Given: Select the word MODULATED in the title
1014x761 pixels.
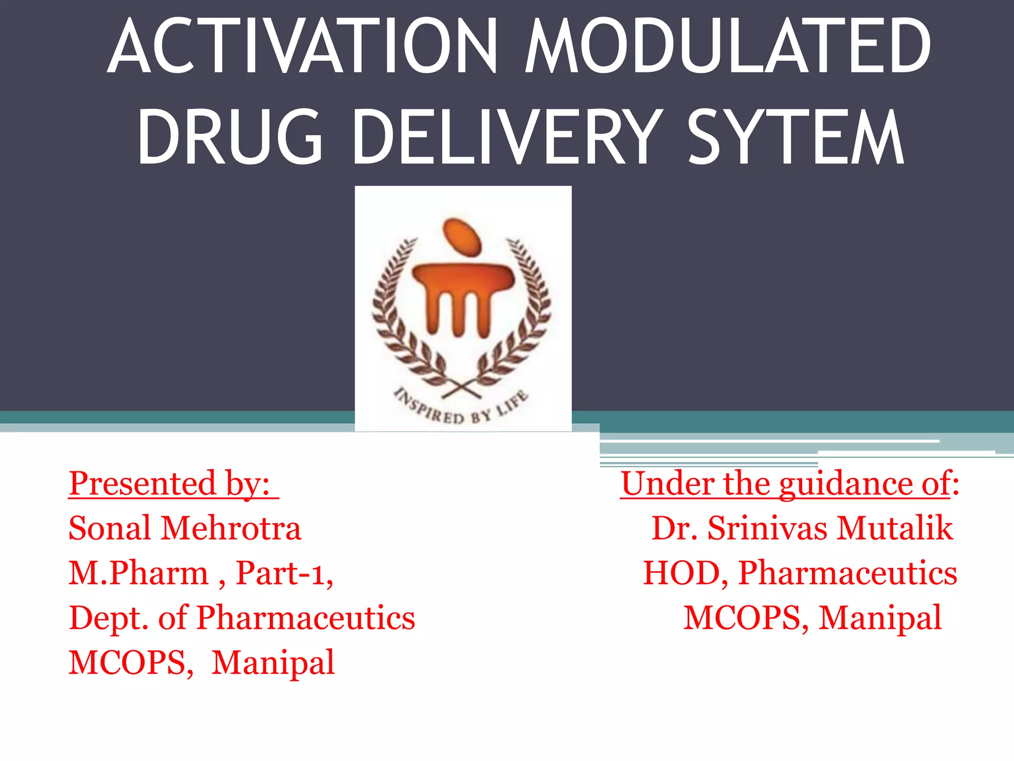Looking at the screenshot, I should pos(728,47).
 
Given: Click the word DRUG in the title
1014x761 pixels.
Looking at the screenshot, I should pos(230,138).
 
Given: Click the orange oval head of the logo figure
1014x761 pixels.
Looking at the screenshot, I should pos(462,237).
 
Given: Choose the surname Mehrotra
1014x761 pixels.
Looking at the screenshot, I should pos(231,528).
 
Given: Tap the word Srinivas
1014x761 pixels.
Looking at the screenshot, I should pos(767,528).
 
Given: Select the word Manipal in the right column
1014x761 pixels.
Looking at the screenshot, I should pos(879,618).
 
